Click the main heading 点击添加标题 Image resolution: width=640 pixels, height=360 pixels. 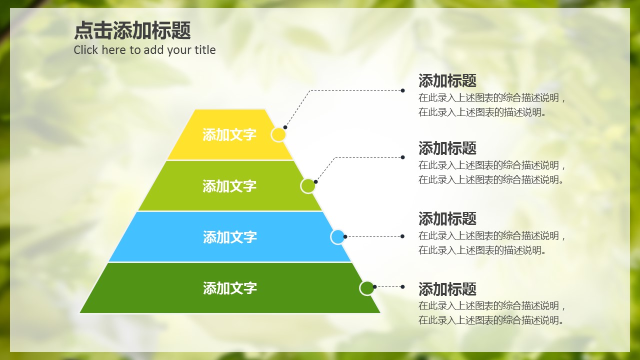click(x=132, y=30)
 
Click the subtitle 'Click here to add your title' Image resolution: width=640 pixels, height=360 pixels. click(x=144, y=50)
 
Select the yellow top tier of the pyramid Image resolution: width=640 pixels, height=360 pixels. click(x=230, y=134)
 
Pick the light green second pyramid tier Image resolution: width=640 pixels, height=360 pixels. click(x=230, y=185)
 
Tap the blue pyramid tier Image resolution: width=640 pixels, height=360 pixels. click(x=230, y=236)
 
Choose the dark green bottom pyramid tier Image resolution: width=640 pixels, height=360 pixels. click(x=230, y=287)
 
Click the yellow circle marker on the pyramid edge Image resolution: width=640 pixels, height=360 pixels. click(x=278, y=134)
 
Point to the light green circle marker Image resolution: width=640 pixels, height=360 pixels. click(x=308, y=186)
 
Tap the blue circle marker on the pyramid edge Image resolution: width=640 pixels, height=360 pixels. click(x=337, y=237)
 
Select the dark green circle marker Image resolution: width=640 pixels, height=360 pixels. click(x=367, y=288)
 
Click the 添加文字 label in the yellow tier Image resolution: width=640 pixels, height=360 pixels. click(x=229, y=134)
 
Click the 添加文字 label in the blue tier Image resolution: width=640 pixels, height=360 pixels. click(x=229, y=237)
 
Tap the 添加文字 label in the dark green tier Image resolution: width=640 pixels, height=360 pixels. click(x=229, y=288)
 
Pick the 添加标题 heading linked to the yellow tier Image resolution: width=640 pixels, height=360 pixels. click(x=447, y=80)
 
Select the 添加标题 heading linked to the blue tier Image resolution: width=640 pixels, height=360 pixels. click(x=447, y=218)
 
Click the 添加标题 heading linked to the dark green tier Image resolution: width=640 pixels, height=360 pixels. click(x=447, y=289)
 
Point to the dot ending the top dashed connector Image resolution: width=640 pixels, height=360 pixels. click(x=402, y=90)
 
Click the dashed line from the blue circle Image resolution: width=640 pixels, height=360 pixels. click(x=373, y=236)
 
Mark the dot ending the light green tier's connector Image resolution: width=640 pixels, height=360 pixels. click(x=402, y=157)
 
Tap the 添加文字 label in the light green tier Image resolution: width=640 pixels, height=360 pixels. click(x=229, y=186)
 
